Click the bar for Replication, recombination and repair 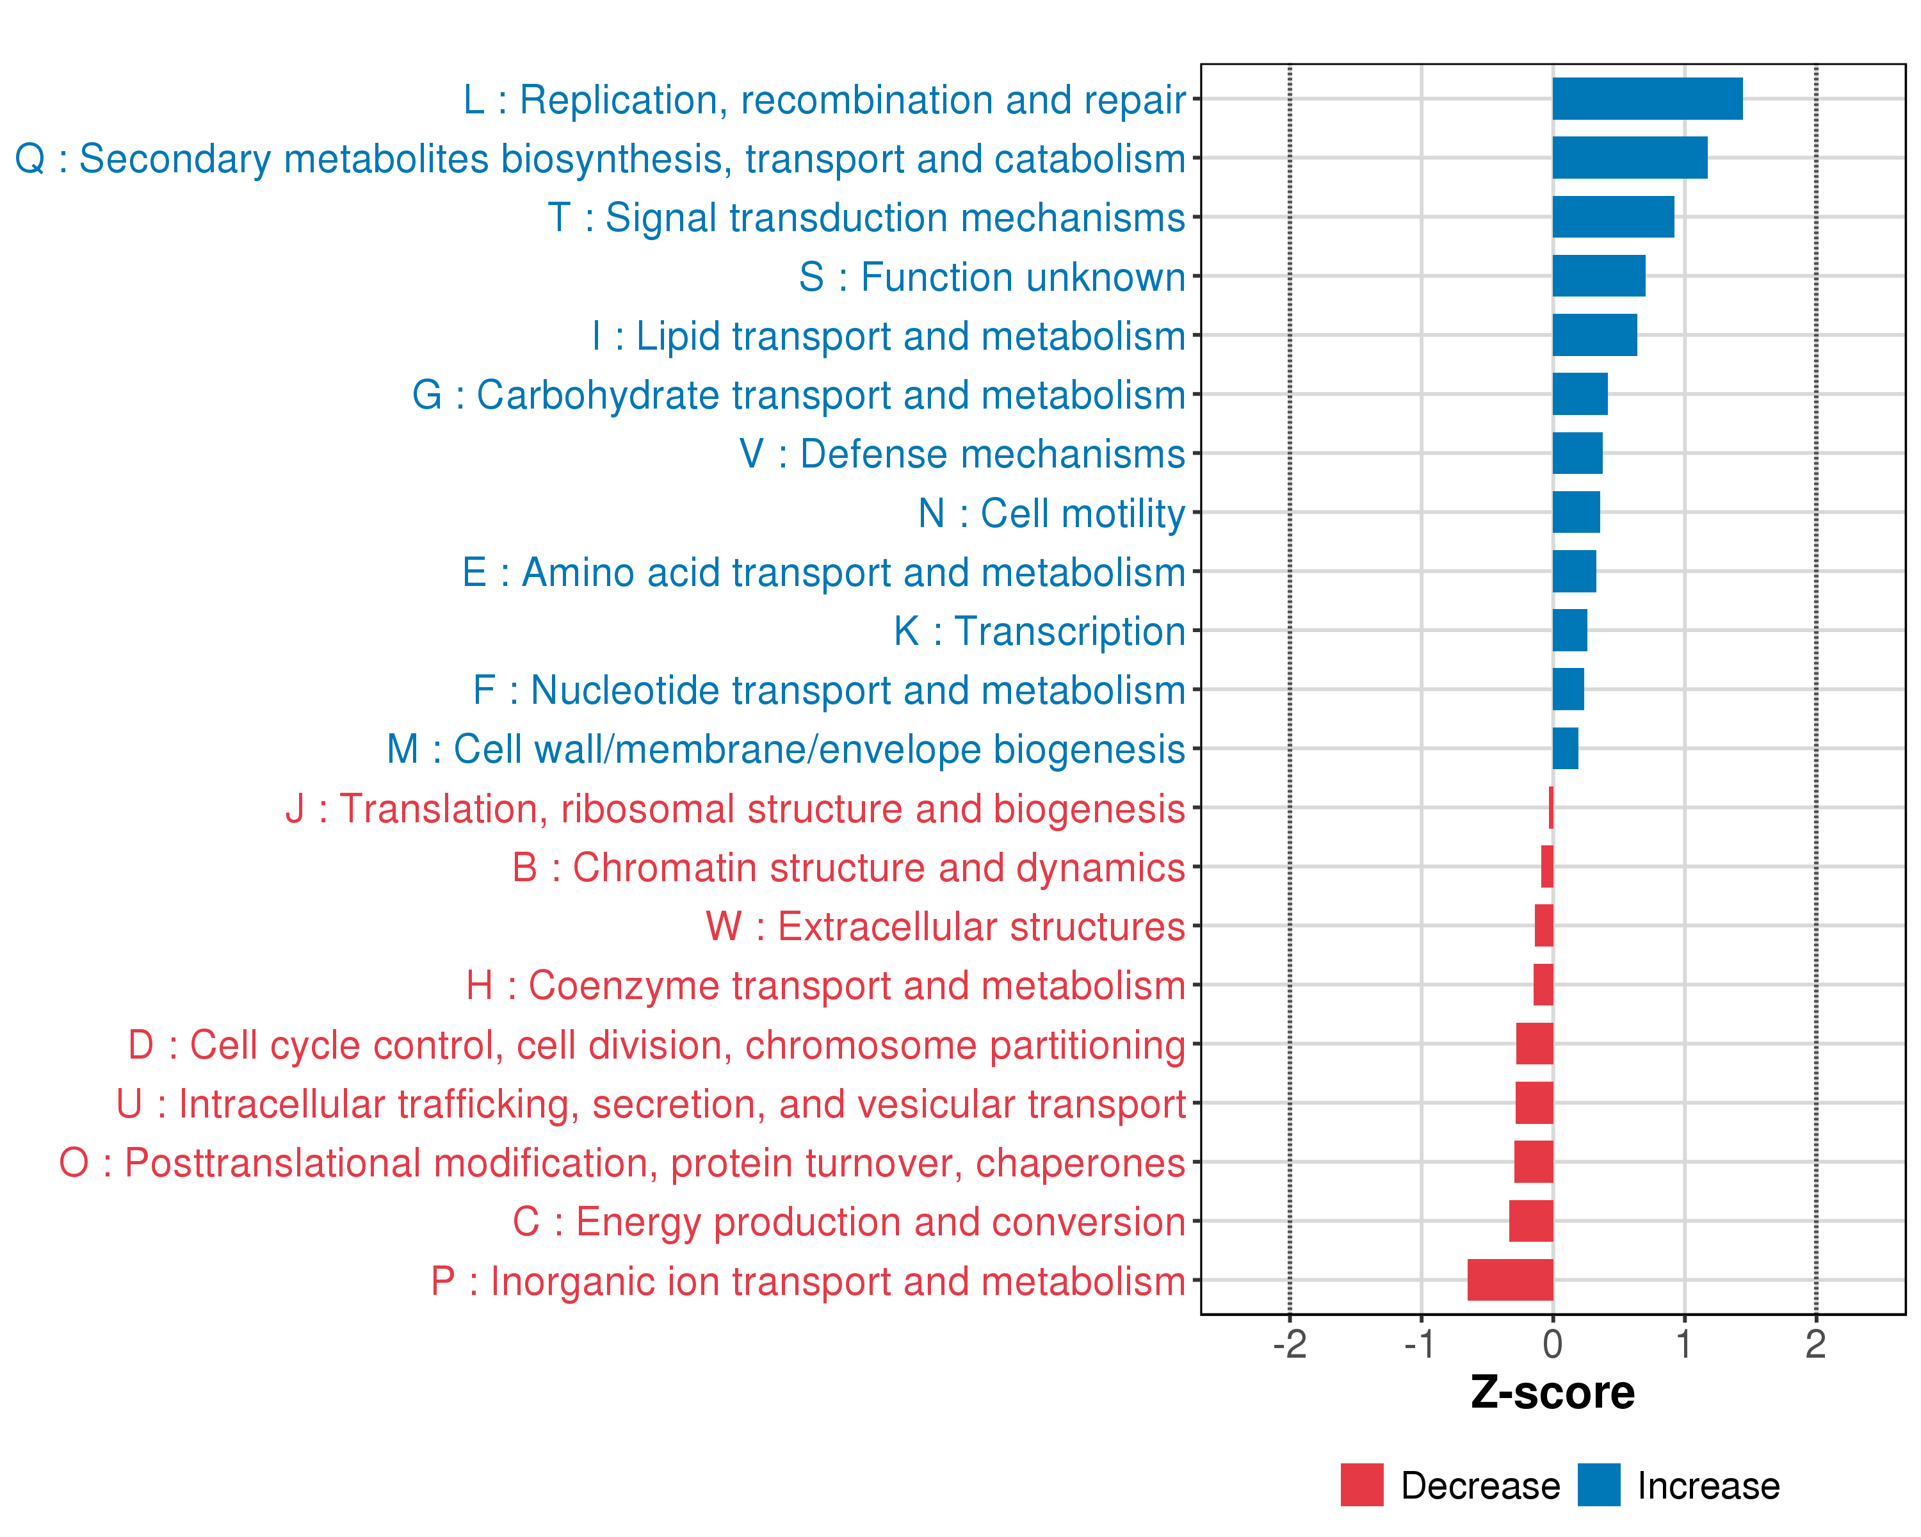coord(1646,99)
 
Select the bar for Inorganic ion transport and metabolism coord(1511,1280)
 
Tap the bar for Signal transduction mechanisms coord(1613,216)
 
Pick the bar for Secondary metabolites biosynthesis coord(1630,158)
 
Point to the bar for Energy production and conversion coord(1531,1221)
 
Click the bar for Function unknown coord(1598,276)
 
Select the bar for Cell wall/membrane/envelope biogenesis coord(1566,749)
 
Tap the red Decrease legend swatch coord(1361,1484)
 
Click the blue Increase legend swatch coord(1598,1484)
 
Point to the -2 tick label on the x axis coord(1289,1344)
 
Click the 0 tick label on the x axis coord(1552,1344)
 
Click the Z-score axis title coord(1552,1393)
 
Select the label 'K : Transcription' coord(1039,631)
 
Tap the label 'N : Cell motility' coord(1051,513)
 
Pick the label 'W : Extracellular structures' coord(945,927)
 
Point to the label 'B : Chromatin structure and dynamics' coord(848,868)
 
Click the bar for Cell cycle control coord(1534,1043)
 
